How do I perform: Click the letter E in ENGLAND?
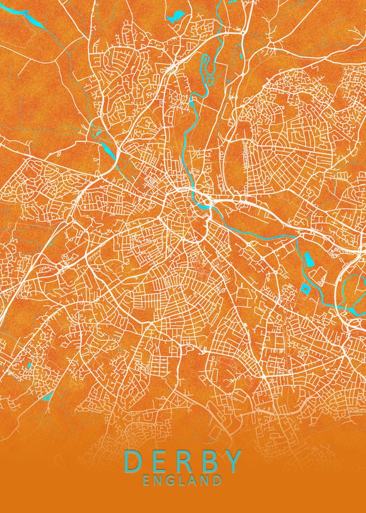coord(146,480)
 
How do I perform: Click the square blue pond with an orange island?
coord(306,289)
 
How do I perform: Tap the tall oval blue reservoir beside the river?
coord(308,259)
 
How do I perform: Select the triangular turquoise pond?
coord(47,397)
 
